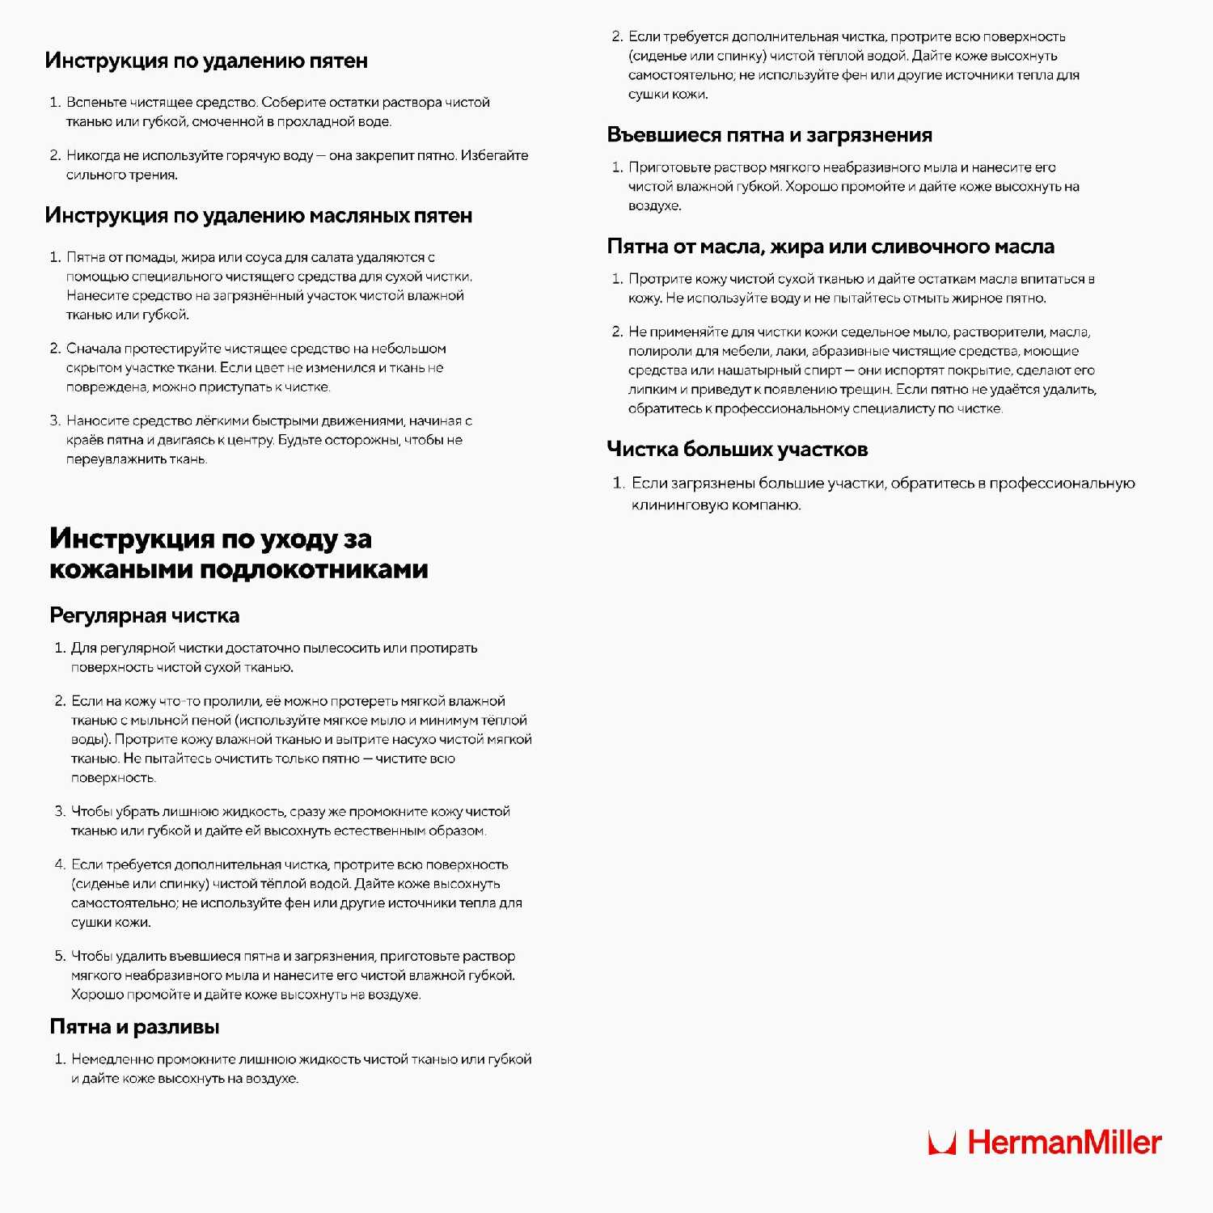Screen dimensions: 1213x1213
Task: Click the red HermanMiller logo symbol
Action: (x=942, y=1143)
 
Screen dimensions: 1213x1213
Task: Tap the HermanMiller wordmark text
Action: (x=1064, y=1143)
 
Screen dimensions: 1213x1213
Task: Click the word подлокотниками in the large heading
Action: (x=314, y=569)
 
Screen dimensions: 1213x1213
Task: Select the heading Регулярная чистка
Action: (x=145, y=615)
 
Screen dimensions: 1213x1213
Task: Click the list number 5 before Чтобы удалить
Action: (x=60, y=956)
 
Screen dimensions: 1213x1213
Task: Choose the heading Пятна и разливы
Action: (x=134, y=1027)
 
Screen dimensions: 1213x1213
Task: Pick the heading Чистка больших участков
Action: (x=738, y=450)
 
